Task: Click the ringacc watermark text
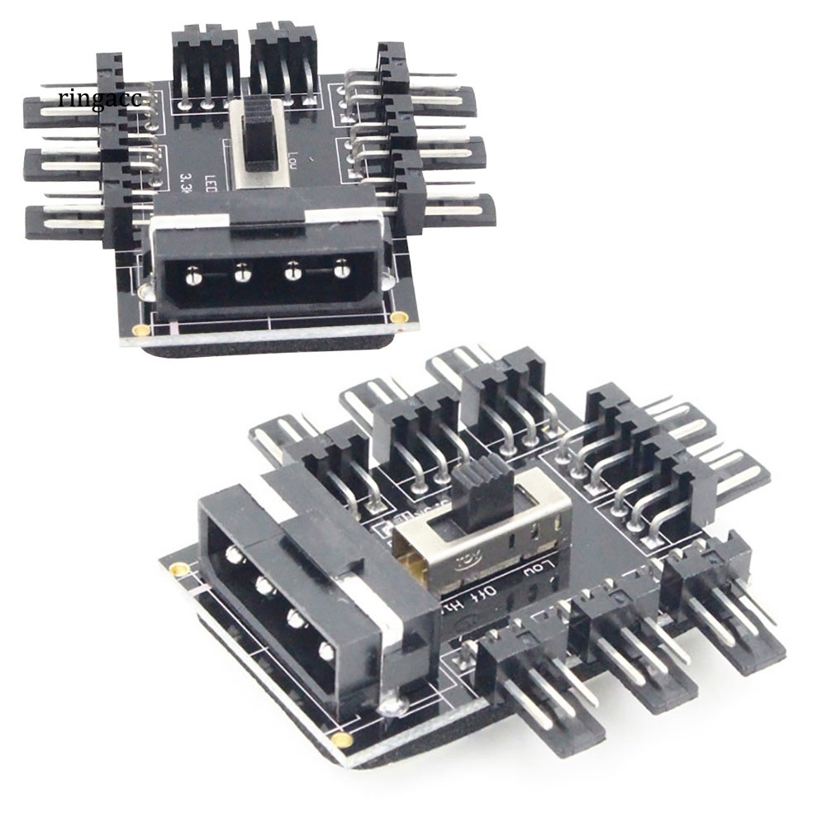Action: coord(100,98)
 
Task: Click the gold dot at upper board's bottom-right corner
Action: coord(400,318)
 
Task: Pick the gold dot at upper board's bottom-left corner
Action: coord(142,330)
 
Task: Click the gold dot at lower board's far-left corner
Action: coord(175,571)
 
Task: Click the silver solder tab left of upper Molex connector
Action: coord(148,289)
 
